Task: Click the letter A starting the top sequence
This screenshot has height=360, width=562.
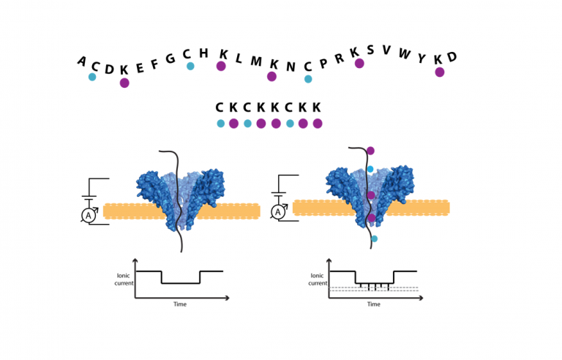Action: coord(82,61)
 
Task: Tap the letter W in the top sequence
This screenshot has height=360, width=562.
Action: coord(404,54)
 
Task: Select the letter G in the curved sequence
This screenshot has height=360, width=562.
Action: coord(170,59)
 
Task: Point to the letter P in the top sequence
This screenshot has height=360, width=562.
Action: coord(323,63)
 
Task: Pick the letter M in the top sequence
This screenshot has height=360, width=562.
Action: coord(256,61)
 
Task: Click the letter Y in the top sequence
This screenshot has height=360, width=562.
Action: coord(421,58)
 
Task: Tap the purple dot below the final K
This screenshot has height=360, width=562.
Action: coord(440,72)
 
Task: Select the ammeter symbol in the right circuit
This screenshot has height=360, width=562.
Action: coord(278,212)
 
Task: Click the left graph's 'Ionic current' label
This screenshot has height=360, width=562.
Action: coord(124,279)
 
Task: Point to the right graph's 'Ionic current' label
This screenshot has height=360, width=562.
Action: coord(318,280)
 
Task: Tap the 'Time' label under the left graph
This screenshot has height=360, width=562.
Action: coord(179,304)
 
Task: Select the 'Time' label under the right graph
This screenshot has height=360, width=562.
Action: coord(373,304)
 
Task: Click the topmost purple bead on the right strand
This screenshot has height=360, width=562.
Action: coord(370,151)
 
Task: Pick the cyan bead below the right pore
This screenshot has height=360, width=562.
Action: coord(374,239)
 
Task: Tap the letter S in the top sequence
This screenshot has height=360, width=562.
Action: coord(370,50)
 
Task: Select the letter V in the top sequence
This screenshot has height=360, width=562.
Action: coord(386,50)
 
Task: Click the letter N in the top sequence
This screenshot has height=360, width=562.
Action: coord(291,67)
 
